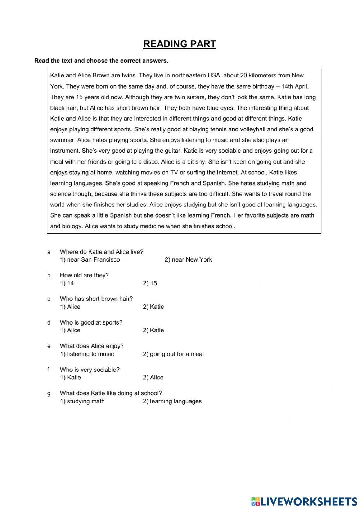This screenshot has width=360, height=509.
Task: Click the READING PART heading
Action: pos(180,44)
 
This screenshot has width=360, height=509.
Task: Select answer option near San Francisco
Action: pos(90,260)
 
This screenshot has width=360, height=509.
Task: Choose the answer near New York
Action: pos(188,260)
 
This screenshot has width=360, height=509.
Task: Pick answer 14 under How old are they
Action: pos(67,283)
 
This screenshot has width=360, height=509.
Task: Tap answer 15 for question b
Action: pos(150,283)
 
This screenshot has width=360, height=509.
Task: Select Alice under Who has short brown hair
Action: pos(70,307)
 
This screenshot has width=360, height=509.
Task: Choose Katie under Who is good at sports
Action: pos(153,330)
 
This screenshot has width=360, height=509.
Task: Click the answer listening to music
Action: pos(87,354)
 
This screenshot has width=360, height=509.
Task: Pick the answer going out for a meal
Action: pos(173,354)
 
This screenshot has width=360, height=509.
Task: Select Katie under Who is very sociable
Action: pos(71,378)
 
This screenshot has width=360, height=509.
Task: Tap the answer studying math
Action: pos(82,401)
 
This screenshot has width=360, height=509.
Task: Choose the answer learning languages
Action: pos(172,401)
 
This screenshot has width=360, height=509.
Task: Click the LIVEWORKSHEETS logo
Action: pos(304,501)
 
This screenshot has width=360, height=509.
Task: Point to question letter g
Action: pos(49,393)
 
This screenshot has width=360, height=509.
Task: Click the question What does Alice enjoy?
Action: pos(92,346)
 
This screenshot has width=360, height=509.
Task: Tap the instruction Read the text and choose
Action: pos(101,61)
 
